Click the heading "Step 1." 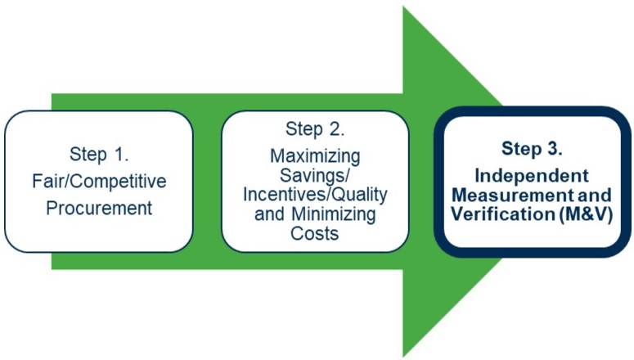pos(99,155)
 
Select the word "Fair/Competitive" pos(99,181)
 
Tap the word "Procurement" pos(99,208)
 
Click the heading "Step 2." pos(315,129)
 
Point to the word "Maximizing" pos(315,156)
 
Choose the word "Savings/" pos(315,175)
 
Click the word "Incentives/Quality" pos(315,195)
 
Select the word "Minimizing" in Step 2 pos(334,214)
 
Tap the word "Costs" pos(315,233)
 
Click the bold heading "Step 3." pos(532,148)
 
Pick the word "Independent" pos(532,176)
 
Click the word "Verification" pos(502,214)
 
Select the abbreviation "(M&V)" pos(586,214)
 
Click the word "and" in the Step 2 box pos(271,214)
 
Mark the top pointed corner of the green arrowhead pos(403,6)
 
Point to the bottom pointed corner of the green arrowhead pos(403,357)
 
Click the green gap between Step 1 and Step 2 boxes pos(208,182)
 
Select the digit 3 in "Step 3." pos(552,148)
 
